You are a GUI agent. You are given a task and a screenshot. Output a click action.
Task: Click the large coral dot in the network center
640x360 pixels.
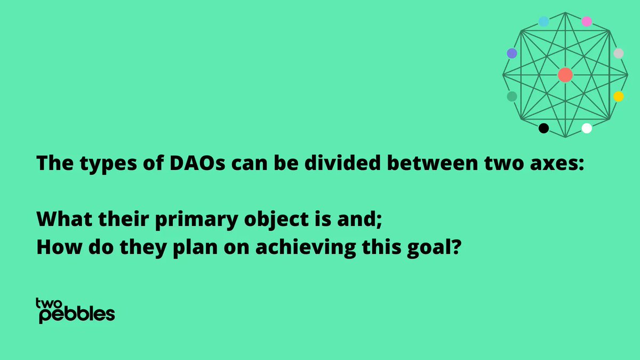point(565,75)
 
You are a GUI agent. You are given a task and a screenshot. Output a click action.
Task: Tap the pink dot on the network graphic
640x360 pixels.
point(587,21)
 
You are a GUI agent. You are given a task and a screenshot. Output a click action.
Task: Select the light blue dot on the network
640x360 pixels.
point(543,21)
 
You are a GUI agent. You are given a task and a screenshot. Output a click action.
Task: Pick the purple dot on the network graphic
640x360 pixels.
point(512,53)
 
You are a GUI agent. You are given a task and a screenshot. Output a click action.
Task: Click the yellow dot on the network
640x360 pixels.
point(618,97)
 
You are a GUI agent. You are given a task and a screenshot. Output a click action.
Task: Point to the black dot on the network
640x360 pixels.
point(543,128)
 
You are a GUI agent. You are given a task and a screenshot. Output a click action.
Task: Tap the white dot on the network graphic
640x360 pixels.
point(587,128)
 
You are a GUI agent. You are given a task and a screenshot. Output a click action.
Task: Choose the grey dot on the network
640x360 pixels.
point(618,53)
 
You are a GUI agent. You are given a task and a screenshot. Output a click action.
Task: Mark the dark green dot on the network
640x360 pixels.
point(512,97)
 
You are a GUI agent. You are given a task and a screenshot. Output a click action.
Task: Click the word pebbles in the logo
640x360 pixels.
point(77,315)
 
